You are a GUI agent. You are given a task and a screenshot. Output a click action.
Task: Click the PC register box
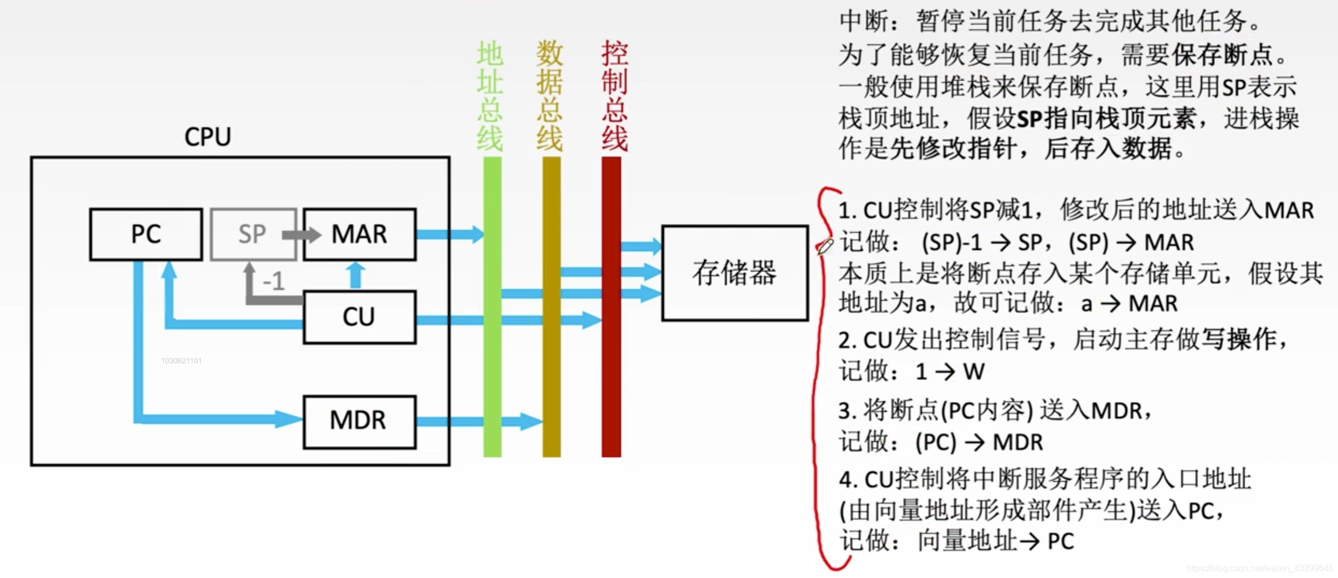tap(146, 234)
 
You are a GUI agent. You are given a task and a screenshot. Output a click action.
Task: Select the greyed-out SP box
tap(252, 234)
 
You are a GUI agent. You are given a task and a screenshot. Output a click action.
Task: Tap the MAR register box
tap(359, 234)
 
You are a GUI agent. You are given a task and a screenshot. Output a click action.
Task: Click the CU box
tap(359, 317)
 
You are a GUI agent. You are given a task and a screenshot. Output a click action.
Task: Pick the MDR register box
tap(359, 421)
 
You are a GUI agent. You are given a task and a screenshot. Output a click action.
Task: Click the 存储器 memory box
tap(735, 273)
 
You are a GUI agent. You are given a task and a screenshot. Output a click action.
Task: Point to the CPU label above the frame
tap(207, 137)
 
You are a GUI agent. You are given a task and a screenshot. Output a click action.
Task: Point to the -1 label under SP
tap(274, 281)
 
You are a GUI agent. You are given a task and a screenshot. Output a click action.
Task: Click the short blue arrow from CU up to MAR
tap(356, 275)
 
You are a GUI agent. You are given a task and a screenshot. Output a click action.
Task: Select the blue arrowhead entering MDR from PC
tap(288, 419)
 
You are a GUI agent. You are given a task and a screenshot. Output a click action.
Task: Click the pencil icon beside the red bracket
tap(825, 246)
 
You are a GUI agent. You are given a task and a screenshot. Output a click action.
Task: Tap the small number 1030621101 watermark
tap(181, 361)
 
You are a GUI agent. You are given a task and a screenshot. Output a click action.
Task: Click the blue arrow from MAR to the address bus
tap(450, 234)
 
